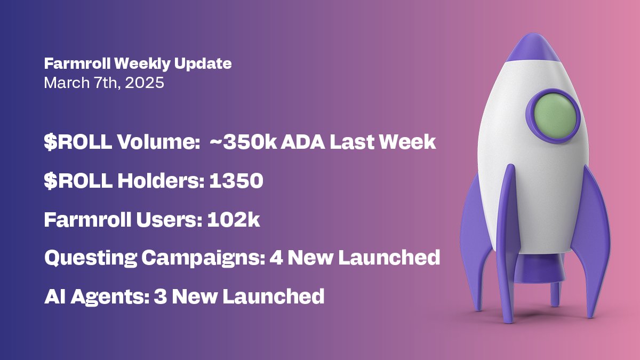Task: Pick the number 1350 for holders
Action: click(x=236, y=181)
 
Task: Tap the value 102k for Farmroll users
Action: click(x=231, y=220)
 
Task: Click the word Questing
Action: click(x=90, y=258)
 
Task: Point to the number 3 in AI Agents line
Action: click(x=159, y=296)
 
